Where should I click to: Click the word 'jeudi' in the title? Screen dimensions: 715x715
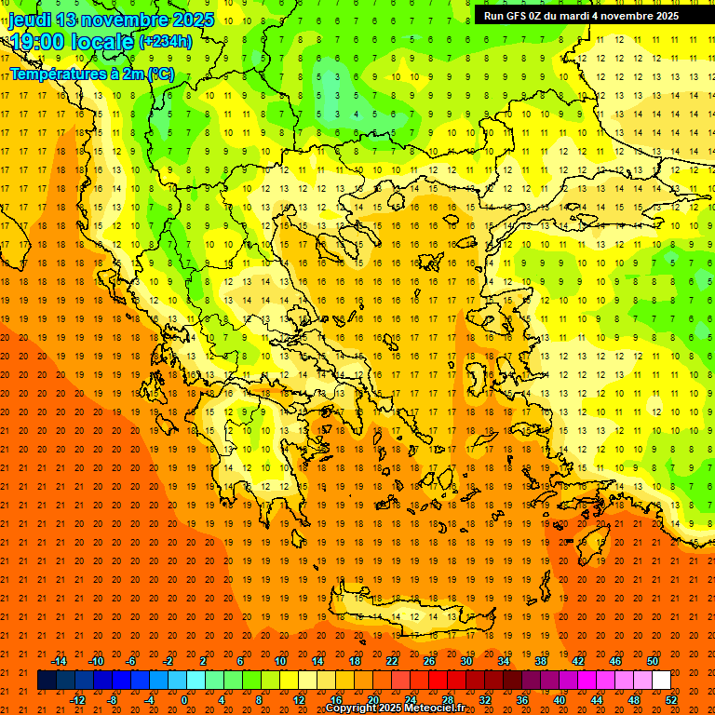pos(33,20)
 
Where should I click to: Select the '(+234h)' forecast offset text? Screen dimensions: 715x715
pos(166,41)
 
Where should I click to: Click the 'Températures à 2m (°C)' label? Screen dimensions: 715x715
pos(92,74)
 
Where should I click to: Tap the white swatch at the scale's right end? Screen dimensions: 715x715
pos(661,681)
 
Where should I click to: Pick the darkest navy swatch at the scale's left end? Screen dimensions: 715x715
pos(47,681)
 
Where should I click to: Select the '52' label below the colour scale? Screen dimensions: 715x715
pos(672,700)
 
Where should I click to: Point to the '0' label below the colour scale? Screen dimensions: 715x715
pos(184,700)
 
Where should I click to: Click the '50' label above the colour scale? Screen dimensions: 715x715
pos(653,661)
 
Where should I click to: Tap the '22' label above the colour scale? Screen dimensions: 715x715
pos(392,661)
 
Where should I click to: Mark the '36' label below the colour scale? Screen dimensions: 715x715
pos(522,700)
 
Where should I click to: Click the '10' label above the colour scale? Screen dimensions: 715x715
pos(280,661)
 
